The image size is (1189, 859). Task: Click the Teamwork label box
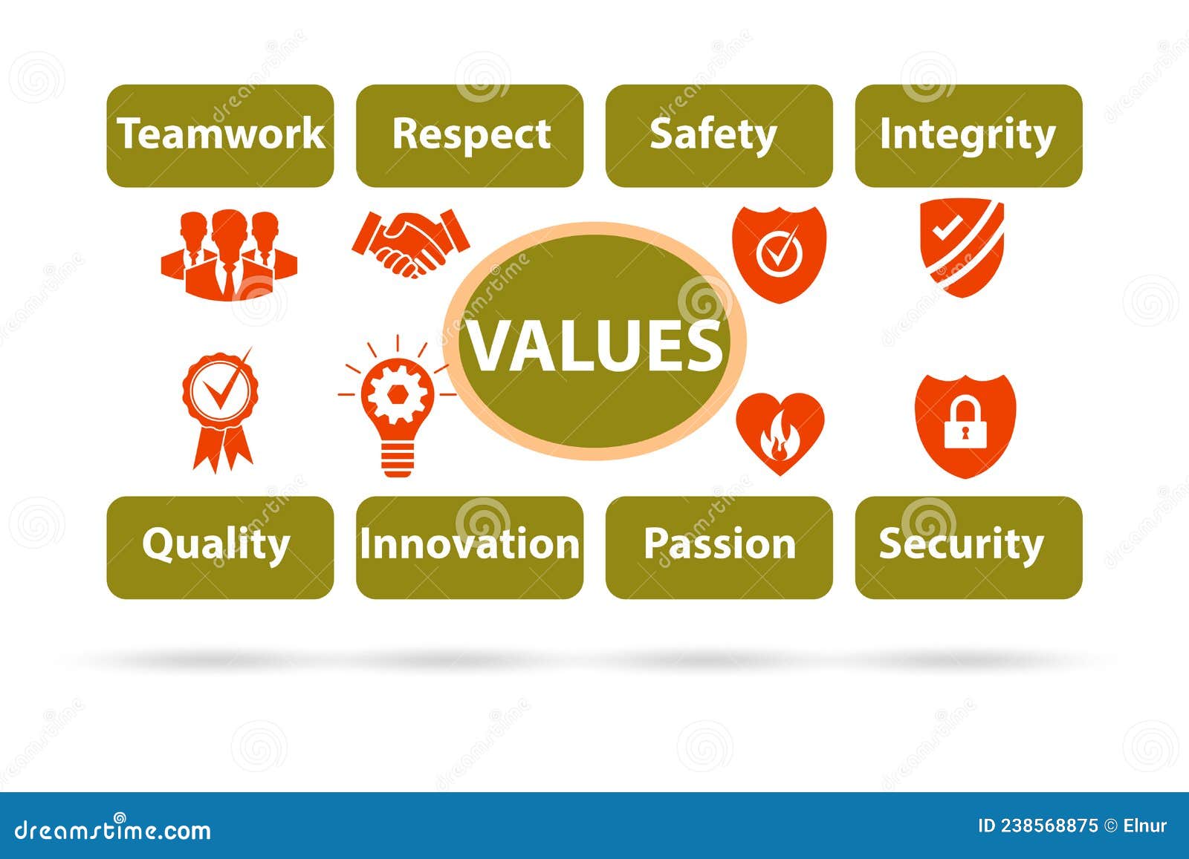coord(220,135)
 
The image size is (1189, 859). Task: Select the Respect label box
coord(470,135)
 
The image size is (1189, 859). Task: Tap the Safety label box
coord(719,135)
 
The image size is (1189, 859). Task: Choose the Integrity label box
coord(968,135)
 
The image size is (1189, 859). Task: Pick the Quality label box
coord(220,546)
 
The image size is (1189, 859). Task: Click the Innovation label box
coord(470,546)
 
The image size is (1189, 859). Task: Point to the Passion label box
coord(719,546)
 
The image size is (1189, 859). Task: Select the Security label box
coord(968,546)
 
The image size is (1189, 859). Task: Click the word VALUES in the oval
coord(595,345)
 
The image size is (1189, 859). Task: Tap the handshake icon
coord(410,244)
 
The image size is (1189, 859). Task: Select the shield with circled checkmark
coord(779,252)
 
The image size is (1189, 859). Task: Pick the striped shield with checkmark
coord(962,246)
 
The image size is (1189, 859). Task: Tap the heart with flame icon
coord(780,433)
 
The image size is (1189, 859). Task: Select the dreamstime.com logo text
coord(113,829)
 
